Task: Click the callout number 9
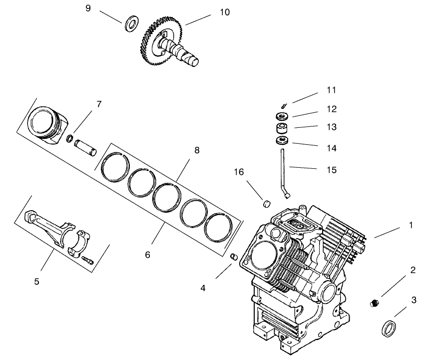tap(88, 8)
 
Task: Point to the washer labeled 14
tap(282, 141)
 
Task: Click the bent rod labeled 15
tap(283, 170)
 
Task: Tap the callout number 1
tap(411, 225)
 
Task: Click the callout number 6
tap(147, 255)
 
